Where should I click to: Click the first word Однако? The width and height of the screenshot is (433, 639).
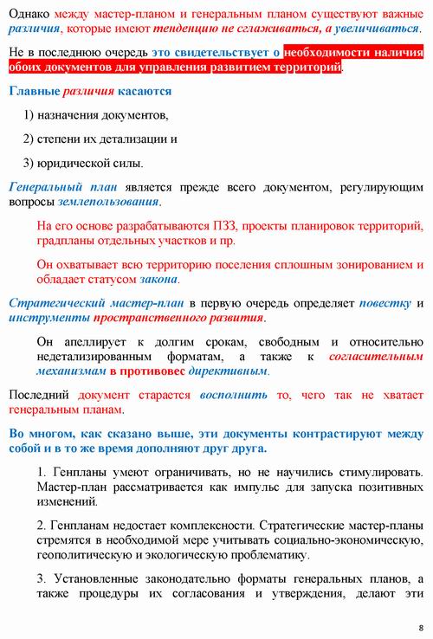pos(28,15)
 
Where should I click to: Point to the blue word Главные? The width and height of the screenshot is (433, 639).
pos(34,91)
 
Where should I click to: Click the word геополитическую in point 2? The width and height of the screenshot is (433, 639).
pos(84,555)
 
